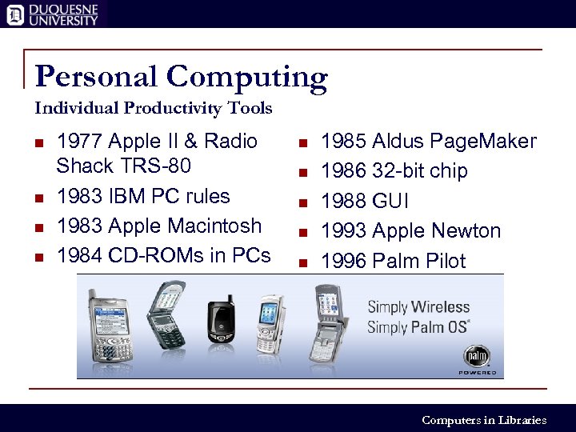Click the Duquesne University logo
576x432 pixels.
[x=53, y=14]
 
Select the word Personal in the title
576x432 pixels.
[x=98, y=77]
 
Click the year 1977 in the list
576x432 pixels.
[x=79, y=142]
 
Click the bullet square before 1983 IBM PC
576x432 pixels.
[x=38, y=197]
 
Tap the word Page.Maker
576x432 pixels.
[x=483, y=142]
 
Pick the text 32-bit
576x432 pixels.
[x=394, y=171]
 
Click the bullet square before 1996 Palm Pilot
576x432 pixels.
[x=302, y=262]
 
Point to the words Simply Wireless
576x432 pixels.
[x=418, y=307]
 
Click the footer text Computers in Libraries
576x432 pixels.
[x=483, y=420]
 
